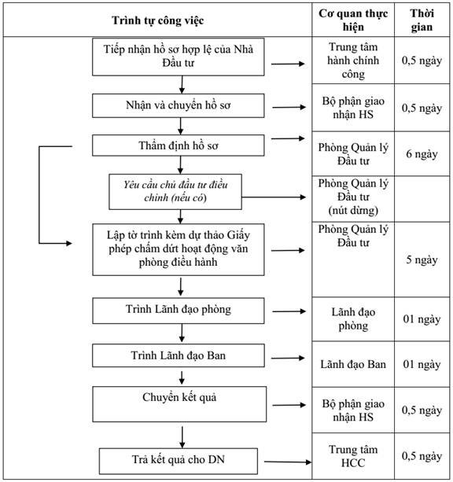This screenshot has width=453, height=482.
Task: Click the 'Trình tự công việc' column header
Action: click(157, 20)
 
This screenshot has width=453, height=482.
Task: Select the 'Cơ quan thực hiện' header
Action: click(353, 20)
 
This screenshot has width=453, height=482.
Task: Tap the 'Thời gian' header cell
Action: click(422, 20)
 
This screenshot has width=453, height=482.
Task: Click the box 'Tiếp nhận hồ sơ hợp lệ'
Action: click(178, 57)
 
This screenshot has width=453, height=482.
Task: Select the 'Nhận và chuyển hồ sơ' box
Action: click(178, 105)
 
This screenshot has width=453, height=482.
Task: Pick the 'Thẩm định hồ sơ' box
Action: click(178, 145)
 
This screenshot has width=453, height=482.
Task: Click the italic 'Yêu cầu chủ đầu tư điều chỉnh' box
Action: click(175, 192)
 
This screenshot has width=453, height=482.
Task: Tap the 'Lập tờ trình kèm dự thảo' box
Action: click(178, 249)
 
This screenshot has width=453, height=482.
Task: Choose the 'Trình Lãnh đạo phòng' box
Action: click(178, 311)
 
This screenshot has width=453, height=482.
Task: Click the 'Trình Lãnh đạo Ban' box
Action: click(178, 355)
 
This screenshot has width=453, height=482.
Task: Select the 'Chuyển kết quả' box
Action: click(179, 404)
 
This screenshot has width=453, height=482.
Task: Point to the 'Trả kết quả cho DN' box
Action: click(178, 461)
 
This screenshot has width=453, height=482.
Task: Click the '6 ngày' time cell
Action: click(422, 153)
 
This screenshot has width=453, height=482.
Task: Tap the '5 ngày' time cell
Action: click(422, 259)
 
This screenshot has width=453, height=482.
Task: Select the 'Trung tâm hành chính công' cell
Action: click(353, 61)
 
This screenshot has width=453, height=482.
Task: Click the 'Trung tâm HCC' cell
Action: click(353, 456)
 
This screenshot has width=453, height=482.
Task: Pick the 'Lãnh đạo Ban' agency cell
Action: click(353, 364)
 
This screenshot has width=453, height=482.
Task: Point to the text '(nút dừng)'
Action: click(353, 211)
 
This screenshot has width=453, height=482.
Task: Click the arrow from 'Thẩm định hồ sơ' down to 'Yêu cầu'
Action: click(181, 165)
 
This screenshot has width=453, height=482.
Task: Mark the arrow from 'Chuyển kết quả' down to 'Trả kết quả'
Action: click(182, 437)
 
